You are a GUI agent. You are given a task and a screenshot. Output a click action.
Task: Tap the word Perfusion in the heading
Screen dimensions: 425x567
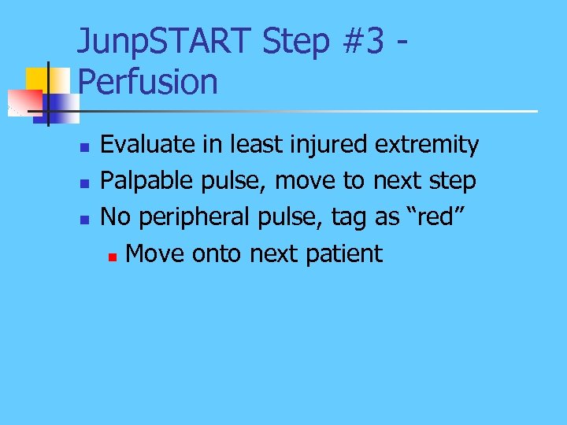pos(148,81)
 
